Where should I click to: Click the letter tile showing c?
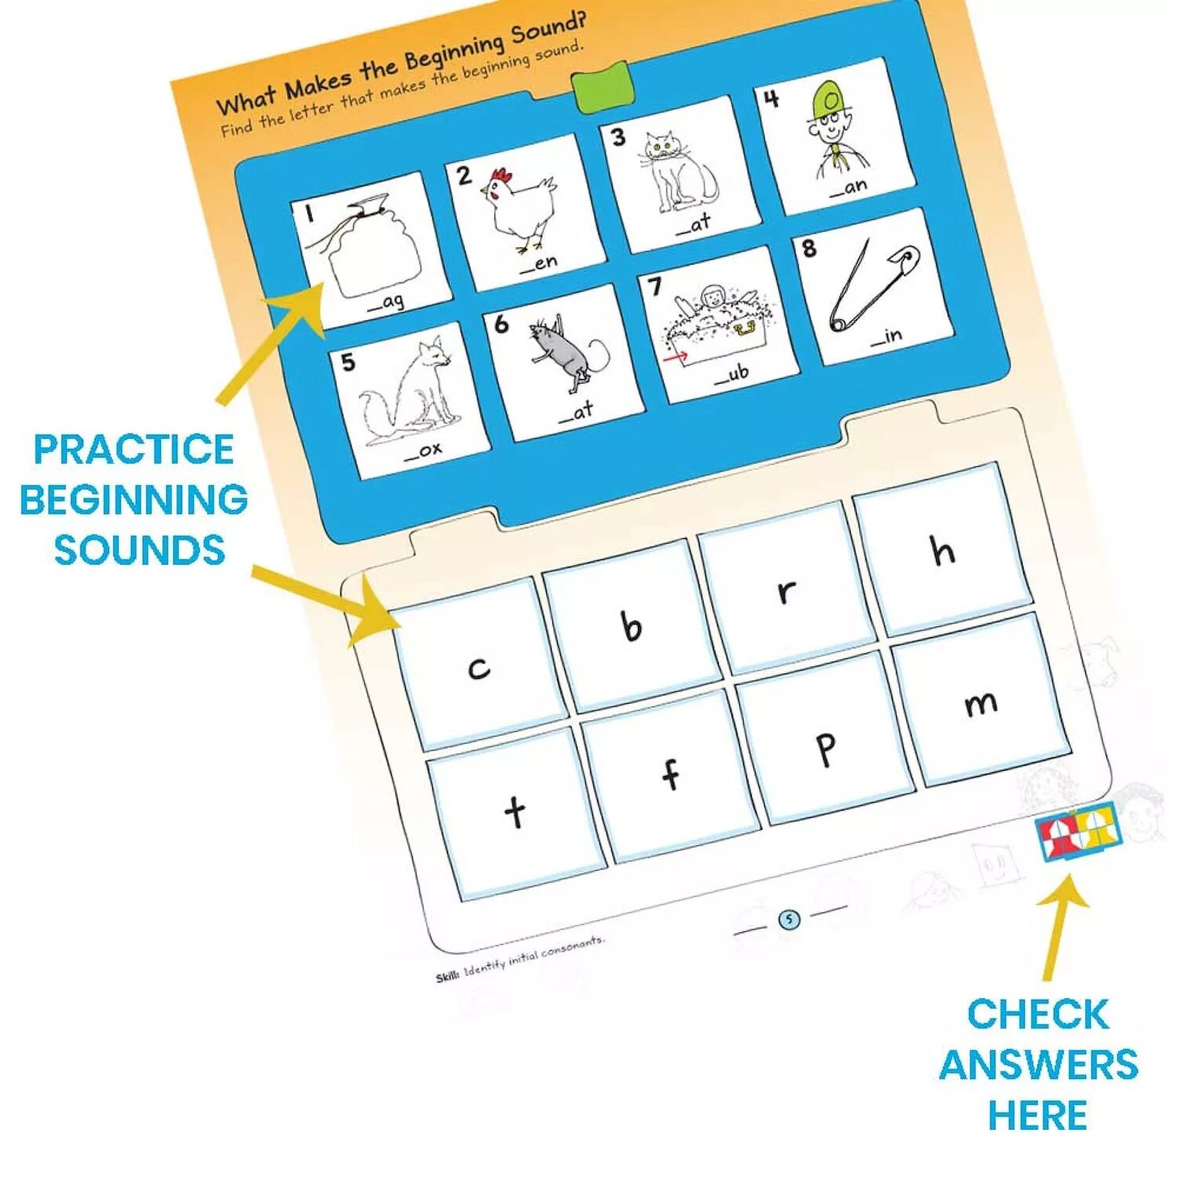point(479,665)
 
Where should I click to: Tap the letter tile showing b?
point(632,625)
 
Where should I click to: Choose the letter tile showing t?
point(516,811)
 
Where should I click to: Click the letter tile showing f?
point(670,774)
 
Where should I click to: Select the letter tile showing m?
point(981,701)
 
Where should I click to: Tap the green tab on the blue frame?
point(601,86)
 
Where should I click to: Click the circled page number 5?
point(789,920)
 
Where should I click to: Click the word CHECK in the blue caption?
point(1037,1014)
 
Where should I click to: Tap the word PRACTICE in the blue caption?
point(133,450)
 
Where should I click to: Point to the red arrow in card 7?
point(675,357)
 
